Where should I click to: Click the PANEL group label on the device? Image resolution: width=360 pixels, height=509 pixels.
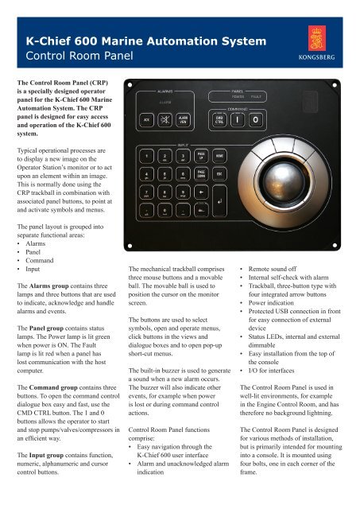click(238, 93)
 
